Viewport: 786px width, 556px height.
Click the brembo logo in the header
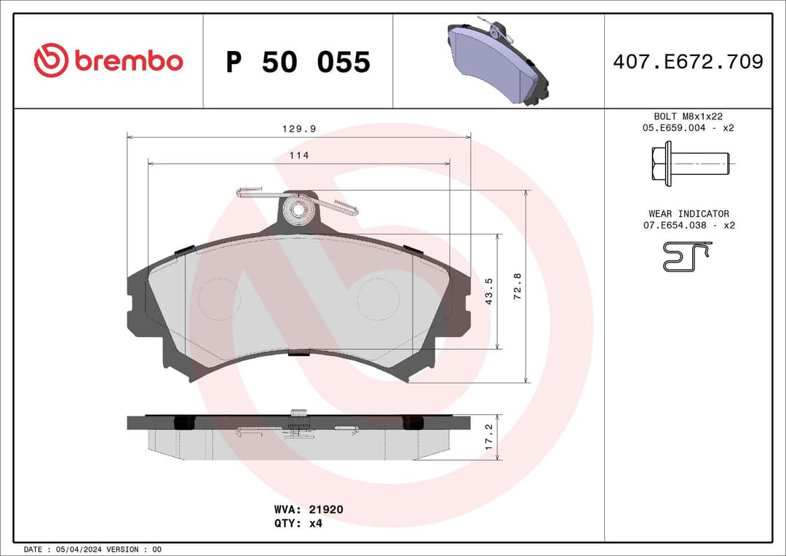point(108,61)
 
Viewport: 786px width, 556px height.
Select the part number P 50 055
point(298,63)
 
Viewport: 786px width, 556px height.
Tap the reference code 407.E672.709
point(688,62)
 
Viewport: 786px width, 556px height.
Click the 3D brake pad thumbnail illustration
point(499,62)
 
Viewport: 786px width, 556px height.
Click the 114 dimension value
point(299,156)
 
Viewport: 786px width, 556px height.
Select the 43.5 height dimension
point(490,291)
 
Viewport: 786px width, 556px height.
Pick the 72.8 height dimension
point(517,287)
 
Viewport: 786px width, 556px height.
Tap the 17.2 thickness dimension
point(489,437)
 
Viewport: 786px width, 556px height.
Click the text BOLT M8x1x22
point(688,116)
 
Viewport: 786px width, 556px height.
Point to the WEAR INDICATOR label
point(688,214)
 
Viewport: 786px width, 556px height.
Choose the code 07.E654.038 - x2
point(688,226)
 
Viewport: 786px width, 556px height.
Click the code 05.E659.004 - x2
point(688,128)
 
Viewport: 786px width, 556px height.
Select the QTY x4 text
point(298,523)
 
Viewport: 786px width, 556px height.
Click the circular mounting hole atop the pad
point(298,210)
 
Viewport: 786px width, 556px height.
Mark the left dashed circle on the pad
point(219,298)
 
